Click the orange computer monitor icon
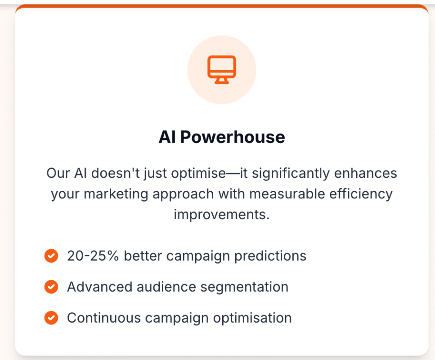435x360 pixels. [x=222, y=70]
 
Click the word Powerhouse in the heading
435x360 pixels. [x=233, y=137]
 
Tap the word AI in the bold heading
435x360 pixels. [x=167, y=137]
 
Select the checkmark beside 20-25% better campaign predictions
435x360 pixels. [x=51, y=256]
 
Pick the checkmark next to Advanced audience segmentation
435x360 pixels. [x=51, y=287]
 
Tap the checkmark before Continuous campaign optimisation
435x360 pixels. [x=51, y=318]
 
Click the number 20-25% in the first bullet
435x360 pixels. [x=93, y=256]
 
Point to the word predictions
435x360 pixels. [x=270, y=256]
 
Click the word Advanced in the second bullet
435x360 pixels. [x=99, y=287]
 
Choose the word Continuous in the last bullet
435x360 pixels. [x=104, y=318]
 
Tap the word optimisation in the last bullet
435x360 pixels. [x=252, y=318]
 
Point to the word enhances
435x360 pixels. [x=366, y=173]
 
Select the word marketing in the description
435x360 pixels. [x=116, y=194]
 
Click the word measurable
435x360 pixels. [x=287, y=194]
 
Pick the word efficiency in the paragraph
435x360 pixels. [x=361, y=194]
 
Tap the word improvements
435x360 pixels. [x=222, y=215]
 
